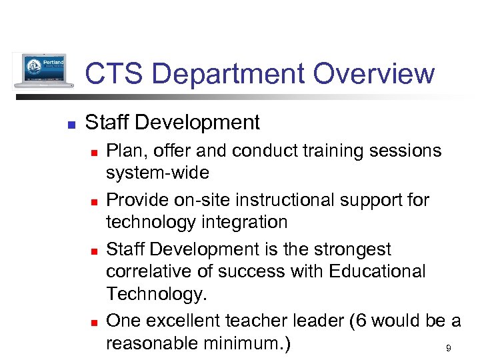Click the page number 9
[448, 349]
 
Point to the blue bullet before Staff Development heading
[71, 124]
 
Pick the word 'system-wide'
[157, 173]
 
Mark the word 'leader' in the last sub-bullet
[311, 321]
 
